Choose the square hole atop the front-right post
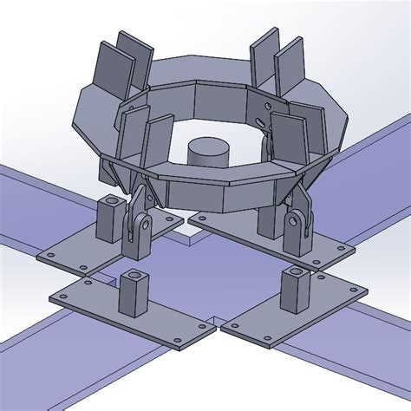(293, 273)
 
